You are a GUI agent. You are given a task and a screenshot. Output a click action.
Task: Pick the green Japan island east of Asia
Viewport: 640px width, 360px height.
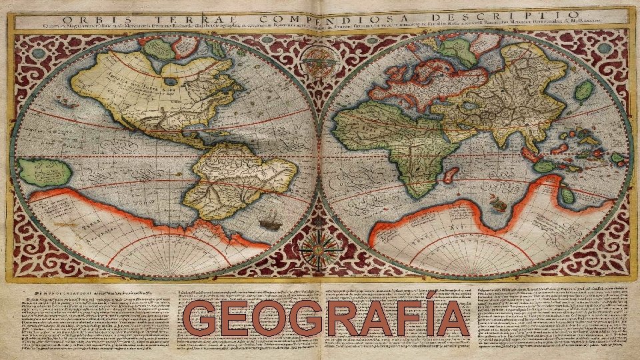point(583,91)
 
